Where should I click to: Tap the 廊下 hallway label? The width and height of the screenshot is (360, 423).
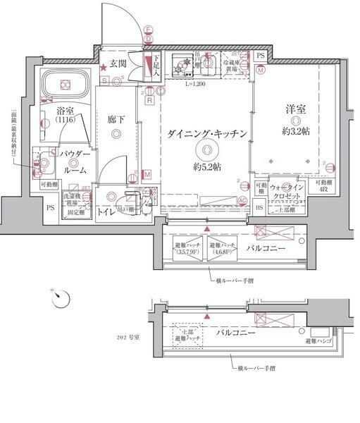click(x=117, y=121)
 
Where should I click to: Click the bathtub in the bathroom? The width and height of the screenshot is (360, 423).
click(x=65, y=85)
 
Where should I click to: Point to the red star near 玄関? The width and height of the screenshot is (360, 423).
click(x=103, y=66)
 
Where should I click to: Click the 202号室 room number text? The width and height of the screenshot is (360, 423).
click(x=129, y=338)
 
